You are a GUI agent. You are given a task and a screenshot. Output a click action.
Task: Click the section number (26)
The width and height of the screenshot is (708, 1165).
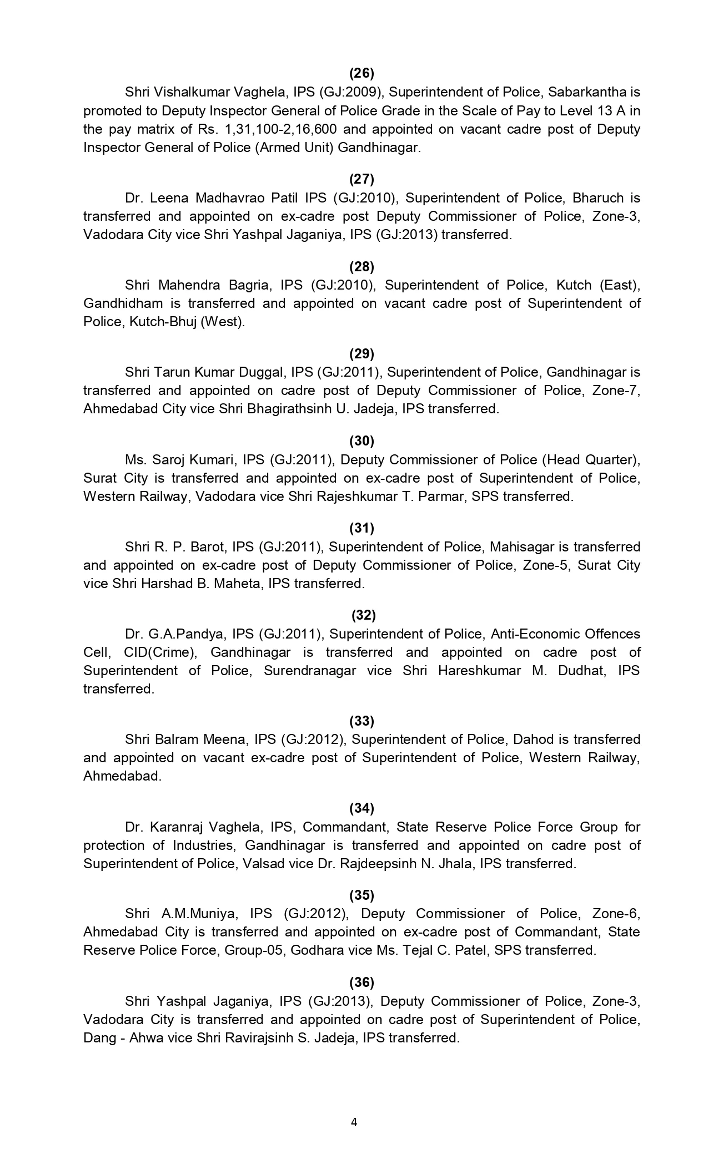tap(361, 73)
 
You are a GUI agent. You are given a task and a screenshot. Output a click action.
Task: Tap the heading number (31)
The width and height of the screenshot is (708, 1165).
tap(361, 528)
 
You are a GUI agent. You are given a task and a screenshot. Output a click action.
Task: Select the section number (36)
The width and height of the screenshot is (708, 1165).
tap(361, 982)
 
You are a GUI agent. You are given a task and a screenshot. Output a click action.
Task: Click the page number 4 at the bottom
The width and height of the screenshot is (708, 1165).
tap(354, 1122)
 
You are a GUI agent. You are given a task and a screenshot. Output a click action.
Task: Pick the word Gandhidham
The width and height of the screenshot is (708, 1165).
tap(123, 303)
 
